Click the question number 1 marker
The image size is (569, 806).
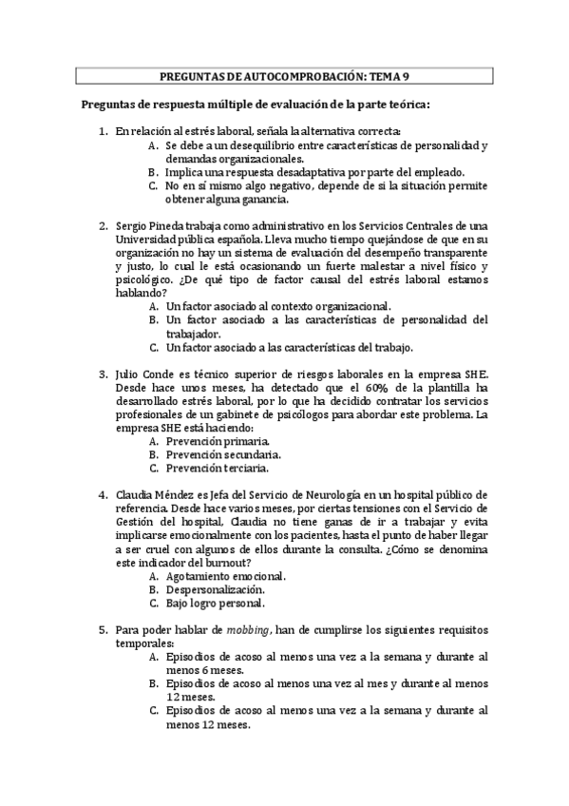click(104, 130)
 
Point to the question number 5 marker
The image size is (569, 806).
click(104, 629)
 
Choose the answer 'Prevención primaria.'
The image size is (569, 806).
click(218, 442)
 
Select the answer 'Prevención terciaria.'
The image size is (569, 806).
click(218, 469)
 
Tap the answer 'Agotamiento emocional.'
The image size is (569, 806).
click(225, 576)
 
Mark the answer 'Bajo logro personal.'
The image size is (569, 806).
click(215, 603)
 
